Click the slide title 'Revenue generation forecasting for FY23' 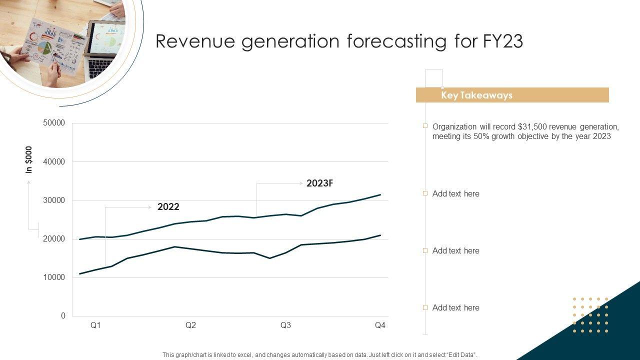(339, 41)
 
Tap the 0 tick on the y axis (63, 316)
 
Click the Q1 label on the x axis (95, 325)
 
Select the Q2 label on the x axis (190, 325)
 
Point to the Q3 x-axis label (285, 325)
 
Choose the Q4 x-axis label (380, 325)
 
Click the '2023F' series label (319, 183)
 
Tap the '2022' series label (168, 207)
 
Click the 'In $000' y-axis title (29, 160)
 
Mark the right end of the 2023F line (380, 194)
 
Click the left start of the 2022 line (80, 274)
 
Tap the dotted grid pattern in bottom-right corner (590, 315)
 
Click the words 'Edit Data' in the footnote (460, 355)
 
